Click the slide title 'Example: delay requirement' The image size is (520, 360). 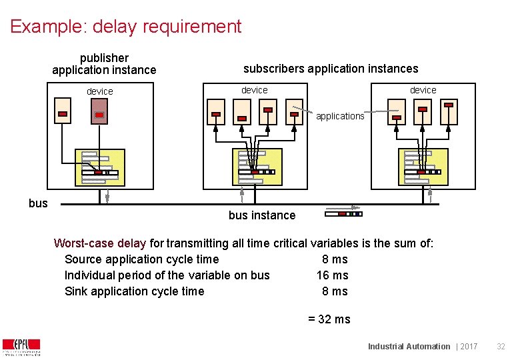click(x=126, y=27)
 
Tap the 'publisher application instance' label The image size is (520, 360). click(x=104, y=64)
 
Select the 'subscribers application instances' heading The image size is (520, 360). click(x=331, y=69)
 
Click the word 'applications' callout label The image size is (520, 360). click(x=340, y=116)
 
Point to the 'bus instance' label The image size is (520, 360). click(x=261, y=215)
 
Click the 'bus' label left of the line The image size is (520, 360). click(x=38, y=203)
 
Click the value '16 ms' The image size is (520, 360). click(x=332, y=275)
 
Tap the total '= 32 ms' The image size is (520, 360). click(x=329, y=319)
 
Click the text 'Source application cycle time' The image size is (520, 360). click(x=141, y=259)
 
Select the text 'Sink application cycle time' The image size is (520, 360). click(x=134, y=291)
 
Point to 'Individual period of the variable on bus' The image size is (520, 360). click(x=167, y=275)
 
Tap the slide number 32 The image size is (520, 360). click(x=501, y=347)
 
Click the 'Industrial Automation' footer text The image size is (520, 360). click(x=409, y=347)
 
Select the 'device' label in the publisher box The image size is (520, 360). click(x=100, y=91)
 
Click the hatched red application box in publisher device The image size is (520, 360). click(x=99, y=111)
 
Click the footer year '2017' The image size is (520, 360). click(x=469, y=347)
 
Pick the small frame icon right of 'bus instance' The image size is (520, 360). click(x=343, y=214)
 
